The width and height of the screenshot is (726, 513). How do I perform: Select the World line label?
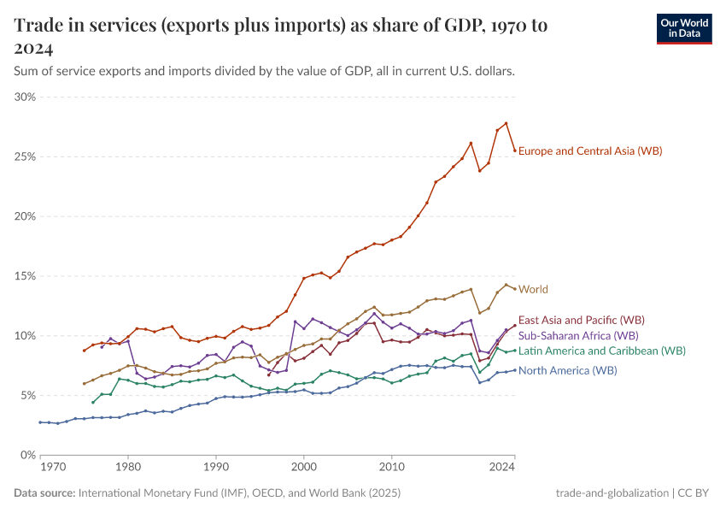coord(533,289)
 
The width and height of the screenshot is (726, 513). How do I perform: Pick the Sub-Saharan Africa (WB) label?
coord(578,335)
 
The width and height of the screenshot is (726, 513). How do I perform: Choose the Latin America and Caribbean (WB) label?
coord(601,351)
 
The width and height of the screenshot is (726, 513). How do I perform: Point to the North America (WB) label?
coord(567,370)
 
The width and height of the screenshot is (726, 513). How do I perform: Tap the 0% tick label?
coord(28,455)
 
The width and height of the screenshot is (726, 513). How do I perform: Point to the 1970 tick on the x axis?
coord(53,468)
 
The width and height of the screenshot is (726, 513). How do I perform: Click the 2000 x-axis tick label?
coord(303,468)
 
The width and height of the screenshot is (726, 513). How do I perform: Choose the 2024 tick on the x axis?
coord(503,468)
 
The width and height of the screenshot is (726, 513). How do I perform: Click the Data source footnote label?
coord(44,493)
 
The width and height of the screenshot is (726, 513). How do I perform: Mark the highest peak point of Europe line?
coord(506,123)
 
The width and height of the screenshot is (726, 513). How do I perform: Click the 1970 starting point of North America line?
coord(40,422)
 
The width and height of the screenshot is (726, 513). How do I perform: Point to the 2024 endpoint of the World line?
coord(514,289)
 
